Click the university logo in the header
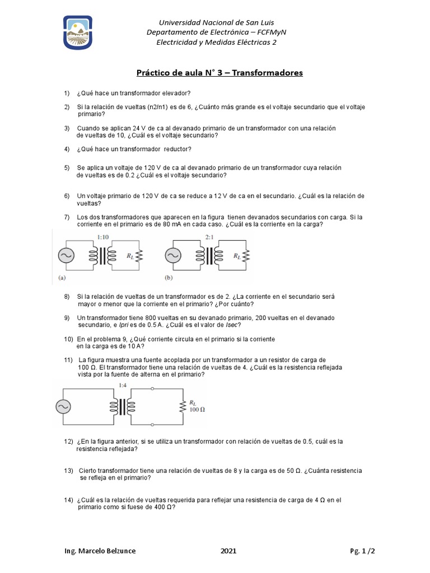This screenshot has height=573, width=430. coord(77,32)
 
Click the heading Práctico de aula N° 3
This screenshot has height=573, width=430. coord(220,73)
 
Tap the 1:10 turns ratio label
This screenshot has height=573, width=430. coord(104,238)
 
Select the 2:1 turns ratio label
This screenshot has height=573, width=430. coord(210,238)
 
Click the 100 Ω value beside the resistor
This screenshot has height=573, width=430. coord(198,410)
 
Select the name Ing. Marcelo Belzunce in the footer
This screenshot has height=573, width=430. coord(100,551)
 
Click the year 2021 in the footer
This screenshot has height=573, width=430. coord(228,551)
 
